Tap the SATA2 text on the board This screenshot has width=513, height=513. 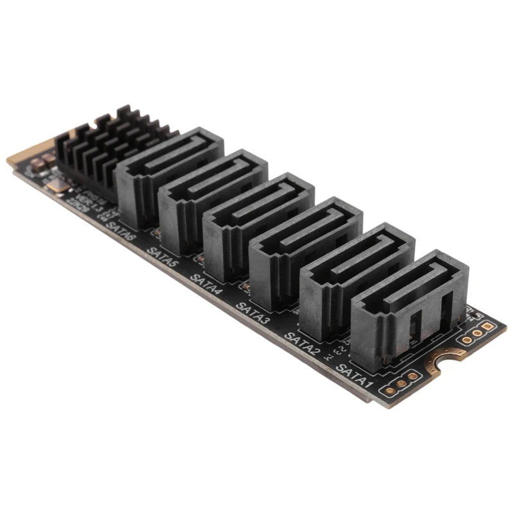(302, 339)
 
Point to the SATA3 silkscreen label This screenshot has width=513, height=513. (253, 310)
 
